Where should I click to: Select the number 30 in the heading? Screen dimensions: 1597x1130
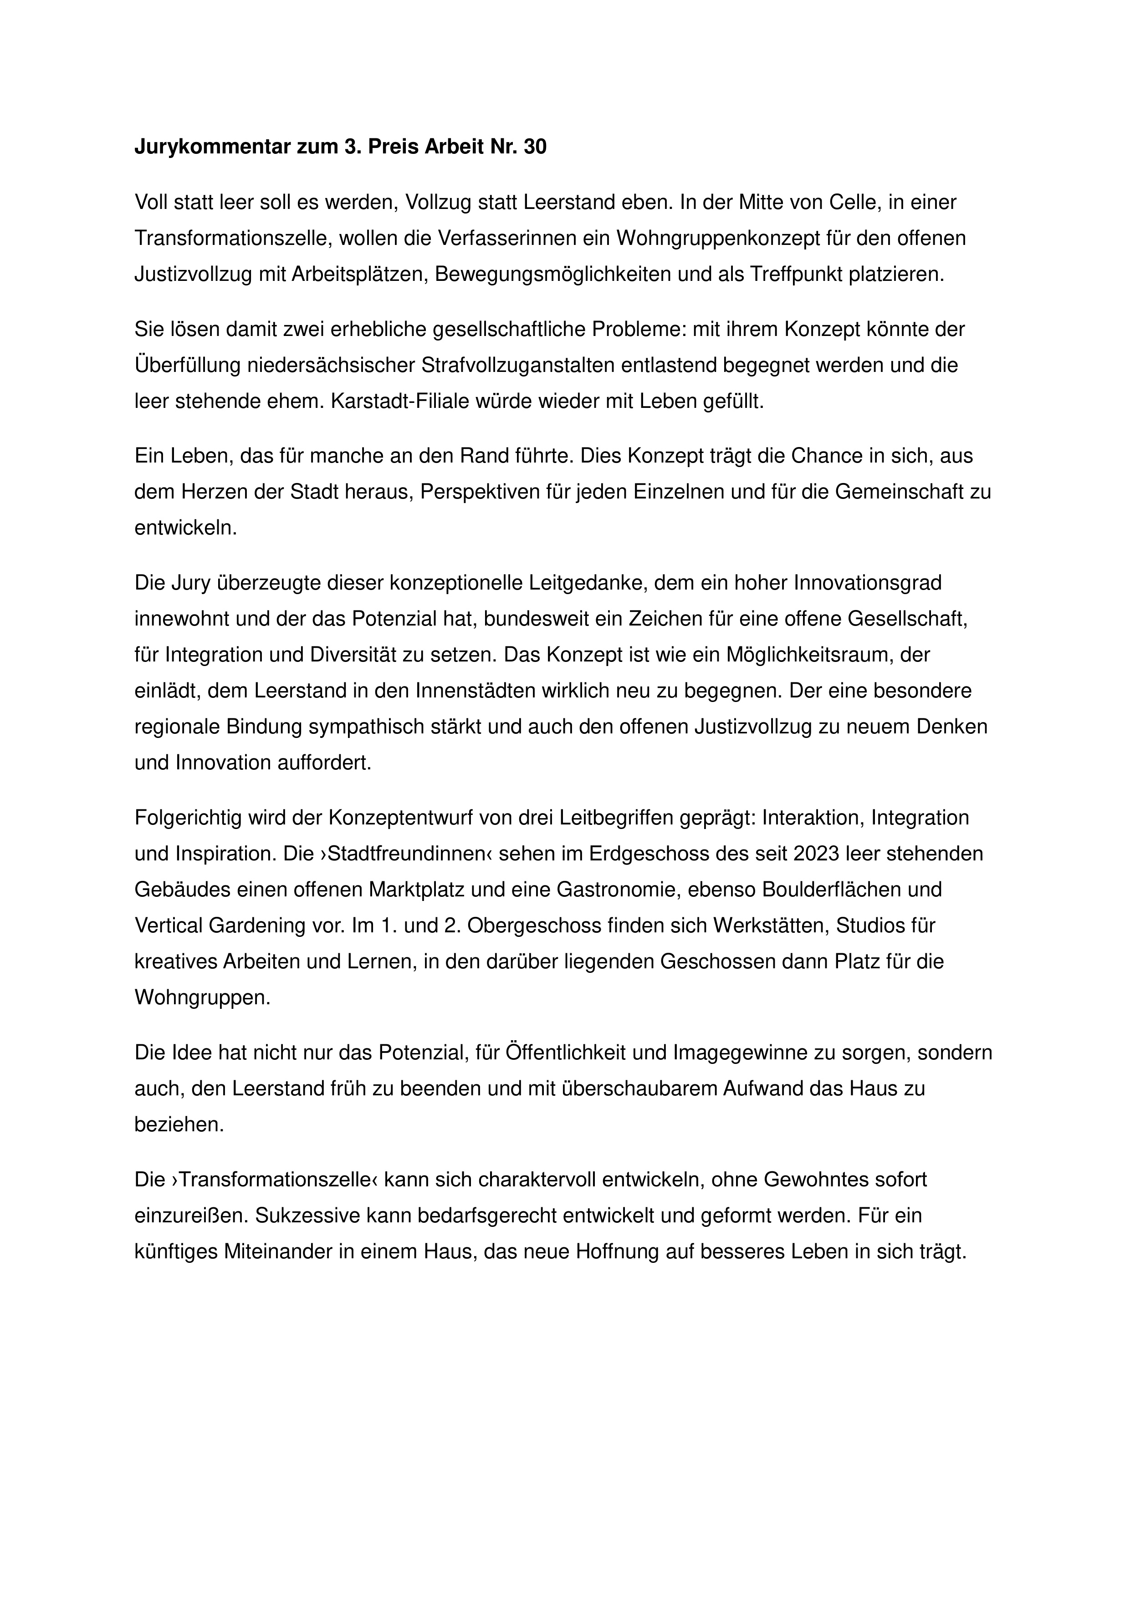(x=534, y=147)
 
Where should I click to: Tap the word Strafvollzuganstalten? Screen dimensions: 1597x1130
(x=557, y=365)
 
